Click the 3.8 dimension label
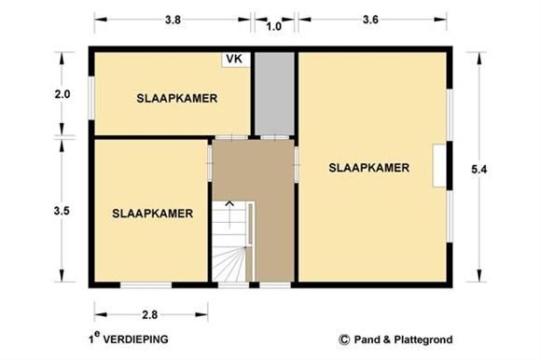coord(173,20)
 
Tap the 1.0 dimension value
coord(273,26)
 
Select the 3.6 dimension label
coord(370,20)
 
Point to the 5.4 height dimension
coord(479,170)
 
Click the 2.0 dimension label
coord(62,94)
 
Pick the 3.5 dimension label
coord(62,211)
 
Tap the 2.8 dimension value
coord(150,315)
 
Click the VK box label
coord(234,59)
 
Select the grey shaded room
coord(274,94)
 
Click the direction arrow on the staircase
coord(229,215)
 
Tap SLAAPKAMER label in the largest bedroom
coord(368,168)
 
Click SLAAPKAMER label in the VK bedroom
coord(177,98)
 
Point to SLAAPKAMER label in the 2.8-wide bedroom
coord(152,214)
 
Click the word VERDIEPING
coord(136,339)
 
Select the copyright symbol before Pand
coord(344,340)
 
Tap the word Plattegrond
coord(423,340)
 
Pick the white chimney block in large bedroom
coord(440,166)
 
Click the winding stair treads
coord(229,264)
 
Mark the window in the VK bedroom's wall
coord(91,98)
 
